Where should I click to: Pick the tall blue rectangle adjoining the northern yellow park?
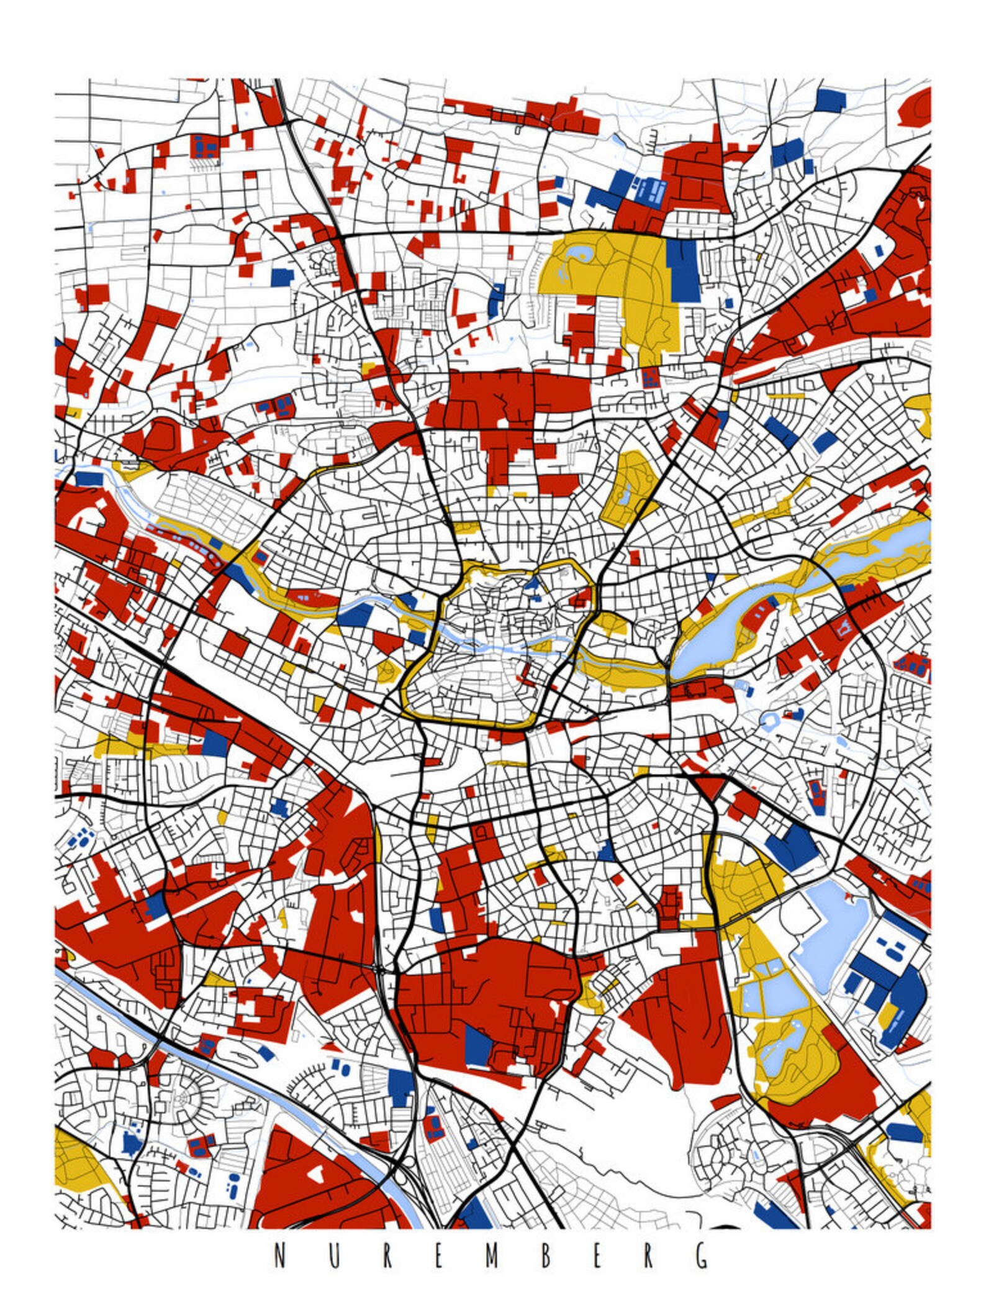tap(684, 270)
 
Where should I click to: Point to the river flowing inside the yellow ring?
tap(497, 646)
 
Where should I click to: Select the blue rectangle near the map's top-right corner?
tap(830, 99)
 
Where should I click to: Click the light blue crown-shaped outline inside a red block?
tap(844, 631)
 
